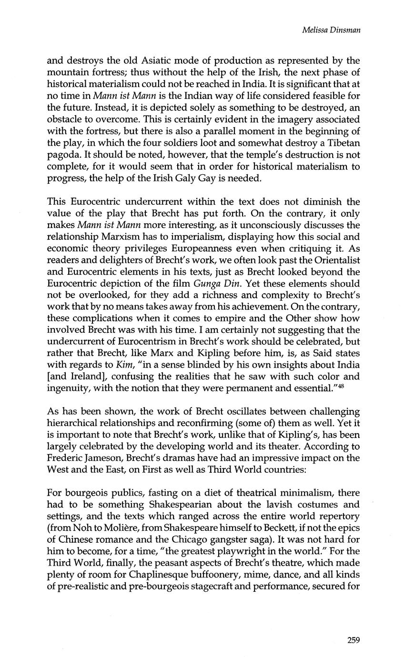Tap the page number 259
353,640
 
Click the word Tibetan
339,143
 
